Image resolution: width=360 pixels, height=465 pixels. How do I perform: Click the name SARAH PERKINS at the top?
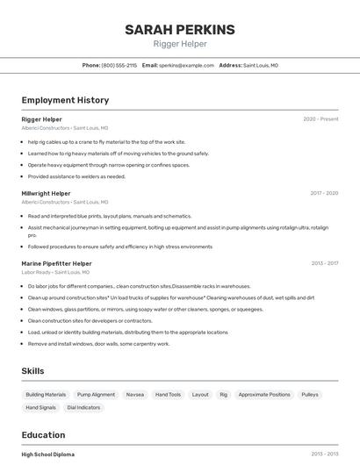click(180, 30)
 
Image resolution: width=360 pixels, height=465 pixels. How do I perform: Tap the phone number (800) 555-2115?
click(119, 65)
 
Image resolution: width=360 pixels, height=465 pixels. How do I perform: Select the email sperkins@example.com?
click(186, 65)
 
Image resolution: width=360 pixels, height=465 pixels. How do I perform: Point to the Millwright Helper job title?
click(46, 193)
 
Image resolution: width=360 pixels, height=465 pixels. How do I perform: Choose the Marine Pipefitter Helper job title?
click(56, 263)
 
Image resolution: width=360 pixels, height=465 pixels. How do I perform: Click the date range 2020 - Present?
click(320, 119)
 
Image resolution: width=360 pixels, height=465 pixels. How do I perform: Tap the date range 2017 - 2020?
click(324, 193)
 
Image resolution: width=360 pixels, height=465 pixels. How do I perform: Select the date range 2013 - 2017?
click(324, 263)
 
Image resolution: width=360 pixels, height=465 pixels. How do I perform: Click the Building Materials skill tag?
click(46, 395)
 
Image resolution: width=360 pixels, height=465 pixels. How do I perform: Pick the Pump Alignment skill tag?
click(96, 395)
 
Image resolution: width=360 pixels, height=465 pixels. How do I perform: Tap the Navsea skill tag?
click(135, 395)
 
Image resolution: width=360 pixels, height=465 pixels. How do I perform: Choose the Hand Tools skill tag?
click(168, 395)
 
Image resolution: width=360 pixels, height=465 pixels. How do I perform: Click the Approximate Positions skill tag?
click(264, 395)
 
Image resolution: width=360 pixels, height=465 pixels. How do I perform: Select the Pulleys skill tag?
click(310, 395)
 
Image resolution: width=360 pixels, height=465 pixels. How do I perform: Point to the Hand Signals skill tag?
click(40, 407)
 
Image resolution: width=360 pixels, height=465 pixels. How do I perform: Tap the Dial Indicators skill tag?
click(83, 407)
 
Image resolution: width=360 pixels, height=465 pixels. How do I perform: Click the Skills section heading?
click(32, 371)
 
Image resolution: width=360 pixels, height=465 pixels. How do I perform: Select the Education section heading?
click(43, 435)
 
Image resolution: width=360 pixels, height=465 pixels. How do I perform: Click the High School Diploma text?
click(48, 454)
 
